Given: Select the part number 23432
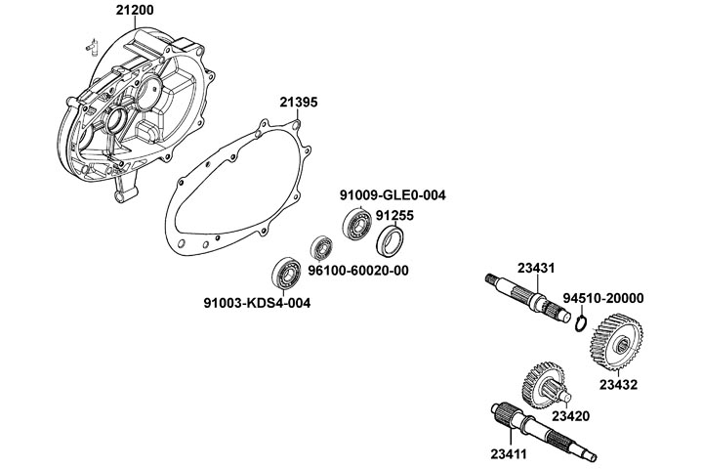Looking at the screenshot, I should [x=618, y=385].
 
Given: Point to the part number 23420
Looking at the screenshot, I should [x=570, y=415].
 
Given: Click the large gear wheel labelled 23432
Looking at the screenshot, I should [x=615, y=345].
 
